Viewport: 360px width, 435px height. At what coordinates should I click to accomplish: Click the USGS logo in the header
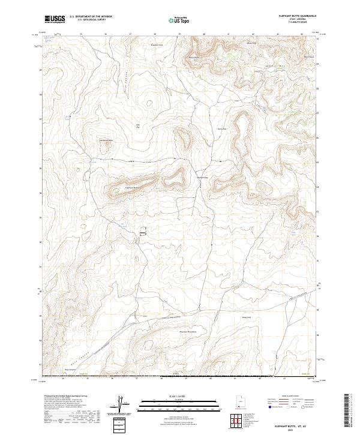point(55,19)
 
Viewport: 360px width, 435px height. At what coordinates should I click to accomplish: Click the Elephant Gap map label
point(202,177)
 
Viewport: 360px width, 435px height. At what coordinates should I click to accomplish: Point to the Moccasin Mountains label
point(188,331)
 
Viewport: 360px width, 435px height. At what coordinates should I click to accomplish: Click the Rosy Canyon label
point(71,370)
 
